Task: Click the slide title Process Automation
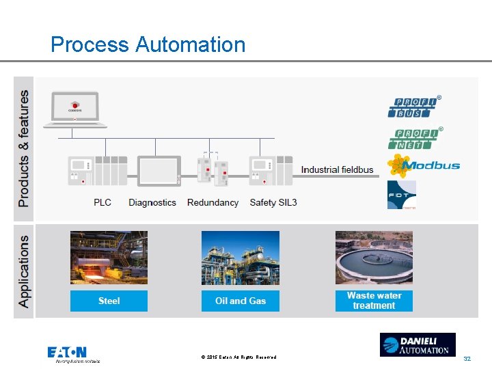click(148, 45)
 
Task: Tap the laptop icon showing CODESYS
click(75, 110)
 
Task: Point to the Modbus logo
click(424, 165)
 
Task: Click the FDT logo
click(401, 195)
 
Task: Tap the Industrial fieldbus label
click(338, 169)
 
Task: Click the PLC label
click(102, 202)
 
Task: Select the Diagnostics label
click(152, 202)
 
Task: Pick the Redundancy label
click(213, 202)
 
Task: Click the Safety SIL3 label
click(273, 202)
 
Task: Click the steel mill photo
click(109, 258)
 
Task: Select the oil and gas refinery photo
click(240, 258)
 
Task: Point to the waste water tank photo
click(374, 258)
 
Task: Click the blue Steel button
click(109, 301)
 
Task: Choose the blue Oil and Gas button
click(240, 301)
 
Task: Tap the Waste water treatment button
click(374, 301)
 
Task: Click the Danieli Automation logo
click(418, 344)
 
